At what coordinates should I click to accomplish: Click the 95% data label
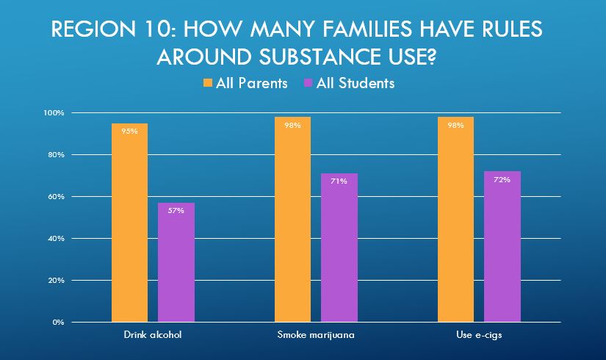click(130, 132)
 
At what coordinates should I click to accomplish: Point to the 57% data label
click(176, 210)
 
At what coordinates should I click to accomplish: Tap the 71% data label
click(339, 181)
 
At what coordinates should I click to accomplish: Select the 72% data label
click(502, 179)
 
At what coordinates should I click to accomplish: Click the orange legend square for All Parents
click(207, 83)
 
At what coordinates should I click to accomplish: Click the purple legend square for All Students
click(308, 83)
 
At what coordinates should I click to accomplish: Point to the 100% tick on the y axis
click(54, 113)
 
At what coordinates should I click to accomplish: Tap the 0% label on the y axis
click(59, 322)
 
